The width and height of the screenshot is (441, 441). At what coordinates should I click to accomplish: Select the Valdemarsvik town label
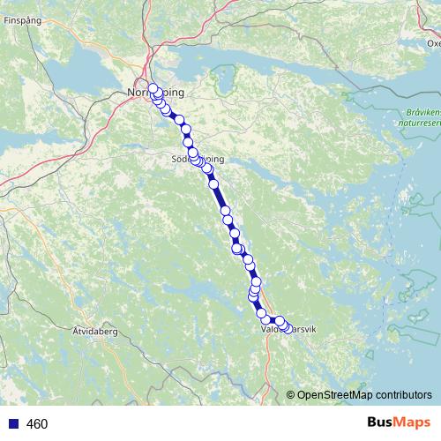coord(290,329)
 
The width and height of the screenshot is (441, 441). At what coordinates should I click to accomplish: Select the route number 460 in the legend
coord(37,424)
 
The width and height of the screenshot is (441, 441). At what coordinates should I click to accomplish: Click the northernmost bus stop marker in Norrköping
coord(153,87)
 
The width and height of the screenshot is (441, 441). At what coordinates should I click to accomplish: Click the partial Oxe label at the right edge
coord(433,42)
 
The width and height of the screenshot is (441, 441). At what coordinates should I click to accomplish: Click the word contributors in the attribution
coord(405,394)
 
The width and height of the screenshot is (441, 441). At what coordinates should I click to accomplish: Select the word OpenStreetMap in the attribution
coord(336,394)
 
